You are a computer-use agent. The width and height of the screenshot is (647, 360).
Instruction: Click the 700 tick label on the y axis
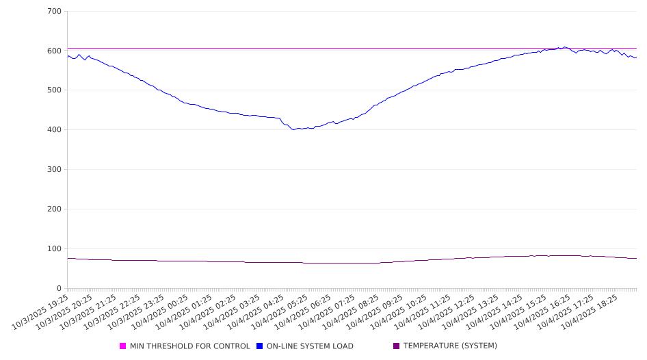[x=55, y=12]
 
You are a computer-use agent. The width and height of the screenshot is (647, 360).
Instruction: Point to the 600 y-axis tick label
[x=55, y=51]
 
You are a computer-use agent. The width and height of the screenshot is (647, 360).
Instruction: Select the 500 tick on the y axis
[x=55, y=90]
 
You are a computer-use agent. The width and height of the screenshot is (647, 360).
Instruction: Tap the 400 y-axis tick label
[x=55, y=130]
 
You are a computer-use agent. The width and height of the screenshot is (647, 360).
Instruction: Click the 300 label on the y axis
[x=55, y=170]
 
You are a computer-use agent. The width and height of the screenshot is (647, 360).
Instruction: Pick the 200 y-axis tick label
[x=55, y=209]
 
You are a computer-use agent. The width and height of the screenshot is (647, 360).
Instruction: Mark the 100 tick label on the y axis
[x=55, y=249]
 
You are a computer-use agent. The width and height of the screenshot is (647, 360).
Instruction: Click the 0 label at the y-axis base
[x=60, y=289]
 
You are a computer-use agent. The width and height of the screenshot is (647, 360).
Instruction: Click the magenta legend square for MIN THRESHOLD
[x=123, y=346]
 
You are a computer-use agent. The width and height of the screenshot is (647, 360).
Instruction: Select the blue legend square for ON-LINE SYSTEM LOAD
[x=260, y=346]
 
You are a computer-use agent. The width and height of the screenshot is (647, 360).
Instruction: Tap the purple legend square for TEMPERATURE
[x=397, y=346]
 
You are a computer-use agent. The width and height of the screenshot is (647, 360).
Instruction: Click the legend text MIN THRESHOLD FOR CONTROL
[x=190, y=346]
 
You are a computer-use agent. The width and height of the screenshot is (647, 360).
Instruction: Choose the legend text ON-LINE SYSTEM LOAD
[x=310, y=346]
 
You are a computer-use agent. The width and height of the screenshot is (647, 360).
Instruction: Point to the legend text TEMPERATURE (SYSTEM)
[x=450, y=346]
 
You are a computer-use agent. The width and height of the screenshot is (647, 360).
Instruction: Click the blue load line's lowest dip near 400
[x=294, y=129]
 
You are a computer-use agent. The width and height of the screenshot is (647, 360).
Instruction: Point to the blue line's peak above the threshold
[x=564, y=47]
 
